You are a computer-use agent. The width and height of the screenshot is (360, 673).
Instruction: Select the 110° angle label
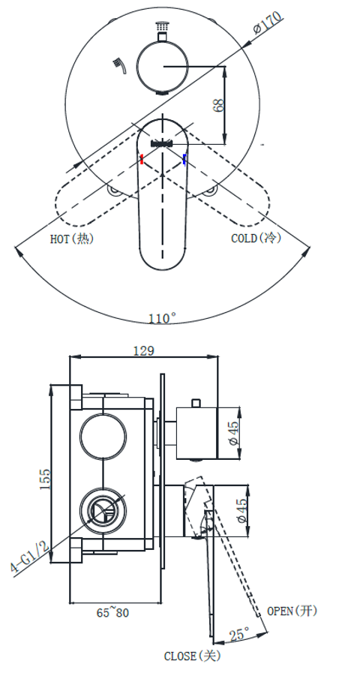click(162, 318)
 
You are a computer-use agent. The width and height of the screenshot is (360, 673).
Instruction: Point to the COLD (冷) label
click(254, 238)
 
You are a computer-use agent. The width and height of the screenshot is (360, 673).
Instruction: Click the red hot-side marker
click(142, 158)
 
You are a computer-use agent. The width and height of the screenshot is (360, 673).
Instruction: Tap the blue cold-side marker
click(184, 158)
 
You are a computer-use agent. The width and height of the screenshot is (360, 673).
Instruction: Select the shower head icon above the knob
click(160, 29)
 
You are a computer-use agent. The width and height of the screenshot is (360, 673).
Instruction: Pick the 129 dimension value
click(143, 350)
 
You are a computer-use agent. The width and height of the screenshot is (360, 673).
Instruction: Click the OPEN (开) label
click(292, 611)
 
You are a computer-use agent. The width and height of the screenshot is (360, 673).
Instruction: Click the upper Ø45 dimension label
click(234, 432)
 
